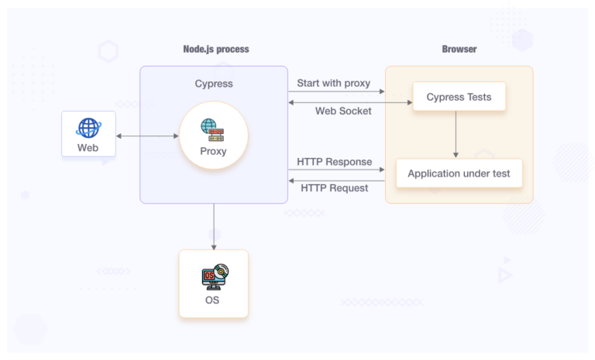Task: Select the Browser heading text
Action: pyautogui.click(x=459, y=49)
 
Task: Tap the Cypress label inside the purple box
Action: pyautogui.click(x=214, y=84)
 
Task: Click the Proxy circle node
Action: pyautogui.click(x=213, y=136)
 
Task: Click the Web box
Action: pyautogui.click(x=88, y=134)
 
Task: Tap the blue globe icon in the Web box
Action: pyautogui.click(x=88, y=127)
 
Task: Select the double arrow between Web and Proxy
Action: pyautogui.click(x=147, y=136)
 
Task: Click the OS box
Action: pyautogui.click(x=213, y=283)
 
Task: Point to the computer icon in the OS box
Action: pyautogui.click(x=213, y=276)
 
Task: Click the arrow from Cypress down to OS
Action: pyautogui.click(x=214, y=226)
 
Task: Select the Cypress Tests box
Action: pyautogui.click(x=459, y=97)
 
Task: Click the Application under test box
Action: pyautogui.click(x=459, y=173)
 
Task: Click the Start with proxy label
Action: pyautogui.click(x=333, y=83)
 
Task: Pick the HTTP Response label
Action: pyautogui.click(x=334, y=162)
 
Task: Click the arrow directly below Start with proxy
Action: pyautogui.click(x=336, y=92)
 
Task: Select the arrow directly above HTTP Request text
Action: pyautogui.click(x=336, y=180)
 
